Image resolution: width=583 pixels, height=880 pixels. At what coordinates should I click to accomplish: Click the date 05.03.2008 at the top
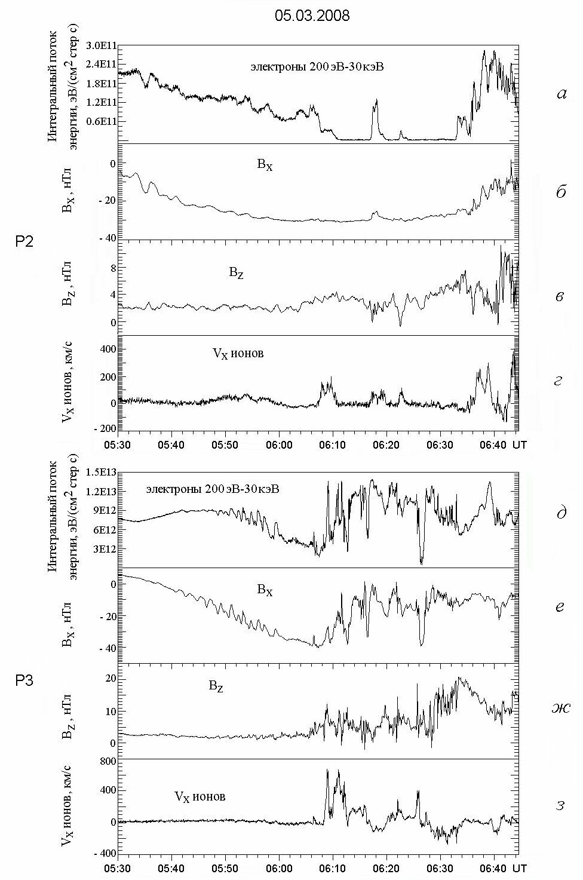click(x=312, y=16)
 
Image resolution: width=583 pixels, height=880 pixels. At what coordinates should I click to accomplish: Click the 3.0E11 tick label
click(x=102, y=46)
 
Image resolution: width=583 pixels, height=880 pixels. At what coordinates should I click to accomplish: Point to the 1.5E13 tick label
click(x=102, y=473)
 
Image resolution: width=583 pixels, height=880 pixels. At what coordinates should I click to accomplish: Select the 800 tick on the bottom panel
click(x=107, y=761)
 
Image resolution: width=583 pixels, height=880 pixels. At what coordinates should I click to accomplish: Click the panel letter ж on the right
click(x=560, y=709)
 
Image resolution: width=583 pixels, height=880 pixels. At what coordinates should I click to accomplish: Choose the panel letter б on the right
click(x=560, y=192)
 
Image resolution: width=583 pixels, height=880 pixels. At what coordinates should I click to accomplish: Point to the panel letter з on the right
click(x=560, y=805)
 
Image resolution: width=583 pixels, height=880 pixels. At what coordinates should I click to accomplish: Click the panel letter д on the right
click(x=560, y=513)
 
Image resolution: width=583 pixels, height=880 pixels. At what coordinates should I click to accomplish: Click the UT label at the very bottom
click(x=520, y=867)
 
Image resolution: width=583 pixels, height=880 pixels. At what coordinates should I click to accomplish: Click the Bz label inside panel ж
click(x=216, y=686)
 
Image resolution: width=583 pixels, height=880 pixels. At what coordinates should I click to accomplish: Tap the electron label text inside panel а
click(x=317, y=66)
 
